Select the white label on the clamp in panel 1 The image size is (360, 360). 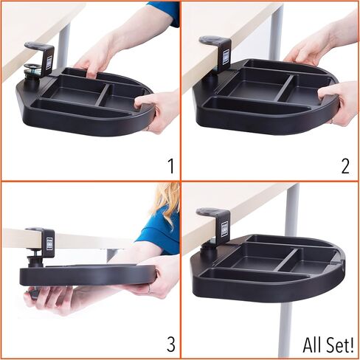49,63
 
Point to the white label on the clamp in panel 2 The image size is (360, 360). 226,58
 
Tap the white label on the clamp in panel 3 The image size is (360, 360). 49,244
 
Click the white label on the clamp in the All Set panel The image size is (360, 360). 225,229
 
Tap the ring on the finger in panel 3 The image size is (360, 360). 149,288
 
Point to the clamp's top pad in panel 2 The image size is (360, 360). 212,39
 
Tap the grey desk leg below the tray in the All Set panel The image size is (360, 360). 287,330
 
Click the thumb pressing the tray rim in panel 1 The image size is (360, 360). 143,100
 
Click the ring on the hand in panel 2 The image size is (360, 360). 333,120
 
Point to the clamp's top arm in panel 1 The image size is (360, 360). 37,46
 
